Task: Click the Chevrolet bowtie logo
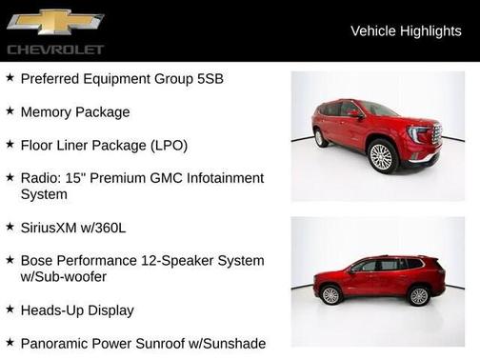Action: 54,22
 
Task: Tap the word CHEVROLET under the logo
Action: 55,49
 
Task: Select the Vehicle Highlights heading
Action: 406,31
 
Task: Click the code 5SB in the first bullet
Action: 209,79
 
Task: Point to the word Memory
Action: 48,112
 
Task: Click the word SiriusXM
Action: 53,228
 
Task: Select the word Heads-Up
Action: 55,310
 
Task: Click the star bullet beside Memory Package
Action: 10,111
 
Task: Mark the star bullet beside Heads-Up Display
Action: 10,310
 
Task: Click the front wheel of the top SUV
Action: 382,157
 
